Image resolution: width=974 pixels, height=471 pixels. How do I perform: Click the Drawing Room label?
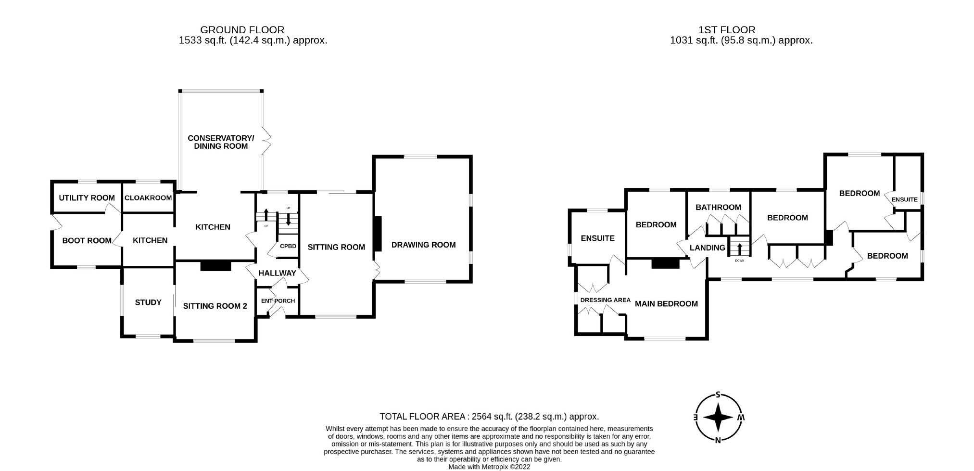423,245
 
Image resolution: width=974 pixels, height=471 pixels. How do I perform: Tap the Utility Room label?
87,198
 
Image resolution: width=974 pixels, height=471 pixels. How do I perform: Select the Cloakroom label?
148,198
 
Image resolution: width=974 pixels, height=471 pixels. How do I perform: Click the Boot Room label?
87,240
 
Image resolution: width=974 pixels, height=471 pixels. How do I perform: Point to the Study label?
148,302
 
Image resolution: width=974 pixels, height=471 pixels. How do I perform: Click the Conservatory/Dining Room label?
221,142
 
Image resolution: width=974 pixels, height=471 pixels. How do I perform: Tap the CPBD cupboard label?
288,246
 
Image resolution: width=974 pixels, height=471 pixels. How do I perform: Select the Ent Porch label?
278,301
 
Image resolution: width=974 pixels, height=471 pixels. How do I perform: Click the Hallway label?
278,273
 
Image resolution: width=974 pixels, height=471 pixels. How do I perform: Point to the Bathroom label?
718,207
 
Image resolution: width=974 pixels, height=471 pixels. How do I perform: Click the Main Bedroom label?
666,303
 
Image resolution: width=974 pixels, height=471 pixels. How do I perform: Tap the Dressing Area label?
605,300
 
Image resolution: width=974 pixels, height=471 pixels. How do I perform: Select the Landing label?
707,248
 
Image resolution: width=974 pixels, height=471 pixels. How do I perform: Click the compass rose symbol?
718,417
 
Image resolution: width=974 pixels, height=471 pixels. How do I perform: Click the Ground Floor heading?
242,30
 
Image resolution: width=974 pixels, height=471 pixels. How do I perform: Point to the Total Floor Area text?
489,417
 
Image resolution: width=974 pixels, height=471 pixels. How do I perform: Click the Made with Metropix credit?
489,467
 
